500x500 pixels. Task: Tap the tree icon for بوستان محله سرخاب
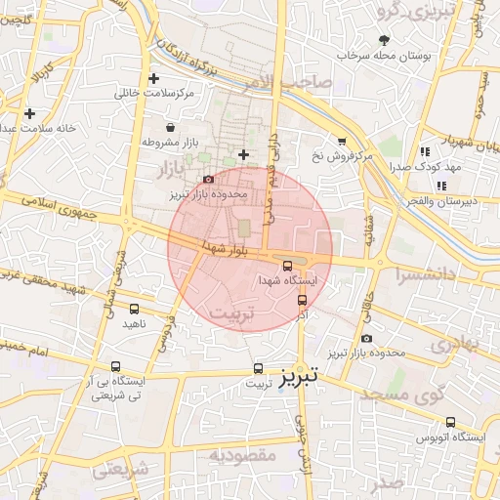point(384,40)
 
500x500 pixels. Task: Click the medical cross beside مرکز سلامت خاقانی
point(152,78)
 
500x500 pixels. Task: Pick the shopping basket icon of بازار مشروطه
point(171,127)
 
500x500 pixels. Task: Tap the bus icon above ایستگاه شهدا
point(287,266)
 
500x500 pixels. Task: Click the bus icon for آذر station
point(302,301)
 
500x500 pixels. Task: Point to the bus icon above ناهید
point(134,309)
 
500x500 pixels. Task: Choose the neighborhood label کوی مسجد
point(403,395)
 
